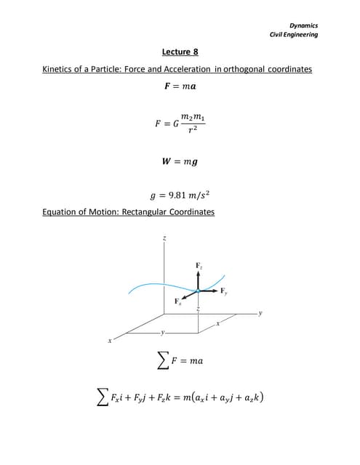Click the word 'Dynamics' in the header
[x=304, y=26]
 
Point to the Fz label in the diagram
[x=199, y=267]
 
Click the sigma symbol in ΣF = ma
[x=155, y=361]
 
